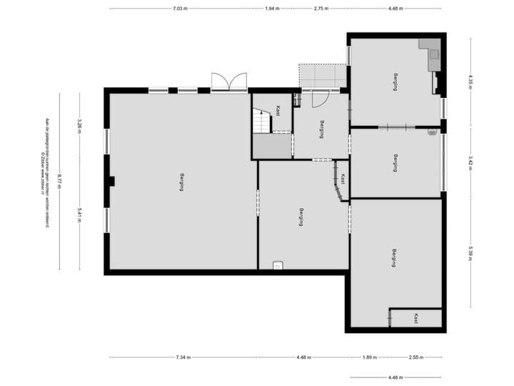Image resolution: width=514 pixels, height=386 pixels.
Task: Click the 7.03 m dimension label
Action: click(180, 9)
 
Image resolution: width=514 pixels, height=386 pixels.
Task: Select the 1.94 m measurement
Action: click(272, 9)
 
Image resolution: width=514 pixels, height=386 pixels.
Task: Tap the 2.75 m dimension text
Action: click(321, 9)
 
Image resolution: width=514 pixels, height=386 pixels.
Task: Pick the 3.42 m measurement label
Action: click(470, 162)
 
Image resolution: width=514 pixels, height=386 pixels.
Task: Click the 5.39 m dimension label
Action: click(470, 254)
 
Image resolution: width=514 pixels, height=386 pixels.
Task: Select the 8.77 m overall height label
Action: click(60, 181)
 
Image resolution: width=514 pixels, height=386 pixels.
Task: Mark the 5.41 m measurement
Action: click(80, 214)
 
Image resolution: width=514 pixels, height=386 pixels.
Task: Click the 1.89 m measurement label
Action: click(368, 357)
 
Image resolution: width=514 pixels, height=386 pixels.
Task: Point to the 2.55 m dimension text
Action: click(416, 357)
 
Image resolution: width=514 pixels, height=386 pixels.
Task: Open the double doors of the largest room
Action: click(228, 82)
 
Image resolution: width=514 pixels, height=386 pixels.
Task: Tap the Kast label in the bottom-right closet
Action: click(415, 319)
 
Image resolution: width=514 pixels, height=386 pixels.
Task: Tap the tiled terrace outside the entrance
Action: click(323, 75)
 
